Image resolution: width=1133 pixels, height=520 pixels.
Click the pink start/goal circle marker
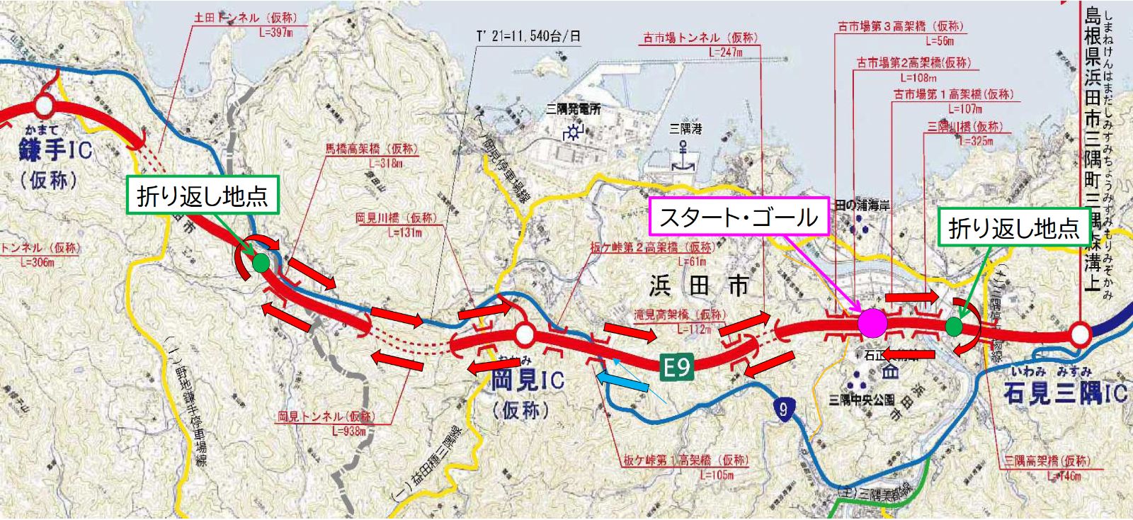[x=872, y=323]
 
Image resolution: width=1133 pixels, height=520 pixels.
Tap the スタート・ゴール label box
[x=738, y=217]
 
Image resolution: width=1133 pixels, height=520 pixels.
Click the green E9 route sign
[x=677, y=366]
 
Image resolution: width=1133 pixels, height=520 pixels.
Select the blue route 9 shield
[x=782, y=409]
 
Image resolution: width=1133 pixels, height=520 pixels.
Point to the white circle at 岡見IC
[x=524, y=333]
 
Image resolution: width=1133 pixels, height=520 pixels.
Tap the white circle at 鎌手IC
[x=44, y=107]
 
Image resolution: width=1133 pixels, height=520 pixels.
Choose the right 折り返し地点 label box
[x=1013, y=227]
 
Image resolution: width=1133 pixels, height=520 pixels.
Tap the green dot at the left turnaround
[x=261, y=263]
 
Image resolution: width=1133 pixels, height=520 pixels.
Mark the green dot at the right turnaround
[x=954, y=326]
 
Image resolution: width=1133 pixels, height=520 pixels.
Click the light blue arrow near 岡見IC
[x=622, y=383]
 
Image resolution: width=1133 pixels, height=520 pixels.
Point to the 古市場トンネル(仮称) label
[x=700, y=38]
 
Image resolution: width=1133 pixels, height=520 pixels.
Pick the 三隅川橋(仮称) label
[x=964, y=127]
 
